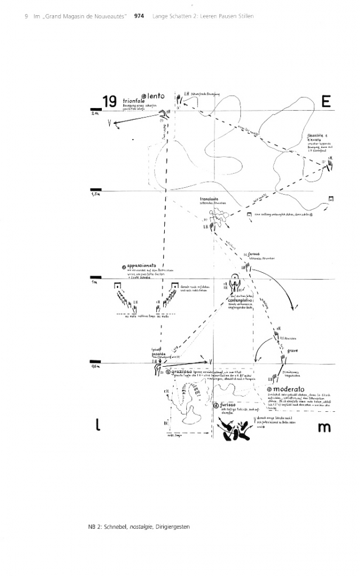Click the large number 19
[x=109, y=101]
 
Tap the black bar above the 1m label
[x=95, y=277]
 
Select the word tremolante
[x=210, y=199]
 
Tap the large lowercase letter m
[x=325, y=428]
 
